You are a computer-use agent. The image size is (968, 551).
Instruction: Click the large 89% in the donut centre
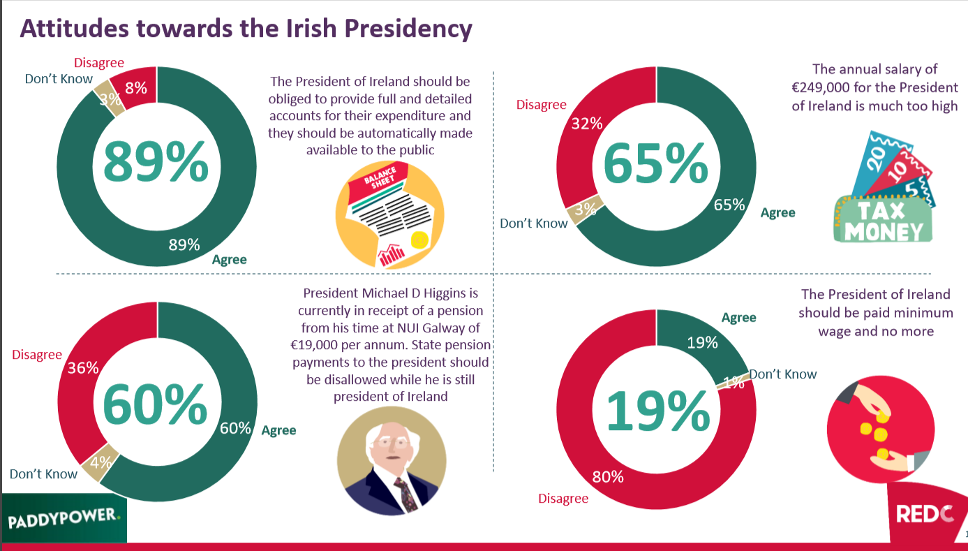[x=156, y=161]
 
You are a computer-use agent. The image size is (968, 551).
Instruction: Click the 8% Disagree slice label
[x=135, y=88]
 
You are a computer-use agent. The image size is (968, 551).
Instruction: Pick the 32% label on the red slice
[x=587, y=124]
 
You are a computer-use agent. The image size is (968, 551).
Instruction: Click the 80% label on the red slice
[x=607, y=477]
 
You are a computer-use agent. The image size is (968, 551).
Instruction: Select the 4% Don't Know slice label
[x=101, y=462]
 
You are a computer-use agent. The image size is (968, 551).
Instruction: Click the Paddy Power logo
[x=64, y=520]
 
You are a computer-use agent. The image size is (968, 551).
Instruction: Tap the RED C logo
[x=924, y=515]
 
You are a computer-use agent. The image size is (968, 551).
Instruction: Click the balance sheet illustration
[x=389, y=212]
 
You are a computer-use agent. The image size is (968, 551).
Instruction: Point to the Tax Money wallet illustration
[x=885, y=189]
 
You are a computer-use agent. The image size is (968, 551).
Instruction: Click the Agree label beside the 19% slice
[x=738, y=318]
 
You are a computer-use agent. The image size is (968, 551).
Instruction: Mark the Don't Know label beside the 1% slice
[x=783, y=374]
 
